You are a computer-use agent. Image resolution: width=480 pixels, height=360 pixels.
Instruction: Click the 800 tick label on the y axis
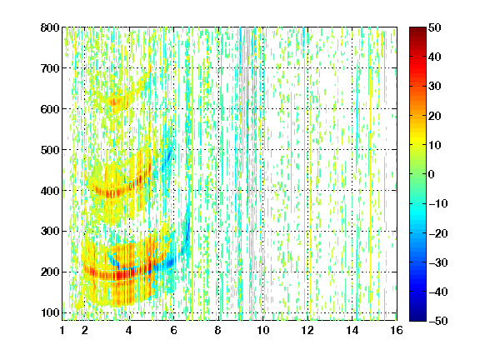[x=50, y=27]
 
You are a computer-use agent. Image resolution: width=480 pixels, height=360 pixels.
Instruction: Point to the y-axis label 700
[x=50, y=68]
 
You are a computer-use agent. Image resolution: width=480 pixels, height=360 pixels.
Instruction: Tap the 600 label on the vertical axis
[x=50, y=109]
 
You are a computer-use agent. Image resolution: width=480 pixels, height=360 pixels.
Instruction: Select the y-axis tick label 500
[x=50, y=150]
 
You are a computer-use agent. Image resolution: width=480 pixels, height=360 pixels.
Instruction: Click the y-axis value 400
[x=50, y=191]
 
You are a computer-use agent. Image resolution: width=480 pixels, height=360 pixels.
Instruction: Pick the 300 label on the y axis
[x=50, y=232]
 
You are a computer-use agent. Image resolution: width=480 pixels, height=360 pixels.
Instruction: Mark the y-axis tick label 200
[x=50, y=272]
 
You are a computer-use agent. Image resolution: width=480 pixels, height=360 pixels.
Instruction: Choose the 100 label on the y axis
[x=50, y=312]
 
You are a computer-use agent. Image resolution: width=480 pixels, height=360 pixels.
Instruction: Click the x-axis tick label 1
[x=62, y=330]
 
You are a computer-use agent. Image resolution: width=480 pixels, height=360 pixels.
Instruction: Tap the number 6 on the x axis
[x=173, y=330]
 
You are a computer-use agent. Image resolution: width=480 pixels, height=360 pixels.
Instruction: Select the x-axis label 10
[x=263, y=330]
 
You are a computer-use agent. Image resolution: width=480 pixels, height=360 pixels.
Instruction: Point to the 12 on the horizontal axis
[x=307, y=330]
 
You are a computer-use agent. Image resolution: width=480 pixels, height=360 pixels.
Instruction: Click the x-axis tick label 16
[x=397, y=330]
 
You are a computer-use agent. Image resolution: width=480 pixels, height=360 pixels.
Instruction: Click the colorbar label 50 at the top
[x=435, y=27]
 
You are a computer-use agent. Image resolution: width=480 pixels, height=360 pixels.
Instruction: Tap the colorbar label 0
[x=432, y=174]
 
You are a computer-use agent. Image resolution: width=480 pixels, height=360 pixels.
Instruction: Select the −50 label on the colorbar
[x=438, y=321]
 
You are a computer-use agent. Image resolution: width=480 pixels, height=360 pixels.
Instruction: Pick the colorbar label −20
[x=438, y=233]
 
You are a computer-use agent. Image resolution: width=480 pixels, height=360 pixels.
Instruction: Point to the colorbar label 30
[x=435, y=87]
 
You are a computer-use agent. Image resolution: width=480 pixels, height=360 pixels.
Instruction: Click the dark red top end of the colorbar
[x=417, y=28]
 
